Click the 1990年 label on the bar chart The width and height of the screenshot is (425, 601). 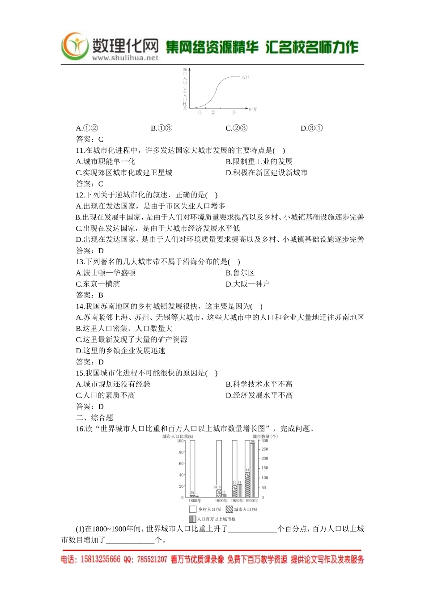pos(252,501)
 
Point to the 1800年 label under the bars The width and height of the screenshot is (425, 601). pos(195,501)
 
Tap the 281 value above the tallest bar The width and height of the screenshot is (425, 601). pos(252,441)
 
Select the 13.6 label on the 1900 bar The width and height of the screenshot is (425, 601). pos(217,487)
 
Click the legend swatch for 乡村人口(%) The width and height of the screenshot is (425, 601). pos(193,509)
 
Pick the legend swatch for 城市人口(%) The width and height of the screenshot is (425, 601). pos(229,509)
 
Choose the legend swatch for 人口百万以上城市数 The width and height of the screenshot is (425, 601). pos(193,519)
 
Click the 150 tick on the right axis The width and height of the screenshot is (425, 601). pos(265,468)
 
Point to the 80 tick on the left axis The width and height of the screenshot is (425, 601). pos(181,452)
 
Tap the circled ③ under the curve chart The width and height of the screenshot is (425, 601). pos(234,113)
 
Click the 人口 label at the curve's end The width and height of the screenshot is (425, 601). pos(245,77)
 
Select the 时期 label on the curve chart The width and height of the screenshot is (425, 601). pos(253,109)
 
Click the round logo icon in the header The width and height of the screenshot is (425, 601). pos(75,46)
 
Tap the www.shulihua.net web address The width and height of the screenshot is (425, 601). pos(125,58)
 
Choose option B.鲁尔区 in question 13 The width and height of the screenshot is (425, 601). pos(240,273)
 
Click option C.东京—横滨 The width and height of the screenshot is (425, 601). pos(98,284)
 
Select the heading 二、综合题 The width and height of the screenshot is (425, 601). pos(94,418)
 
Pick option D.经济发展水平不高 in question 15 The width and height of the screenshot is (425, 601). pos(259,395)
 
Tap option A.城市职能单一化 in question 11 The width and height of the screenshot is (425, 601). pos(106,161)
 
